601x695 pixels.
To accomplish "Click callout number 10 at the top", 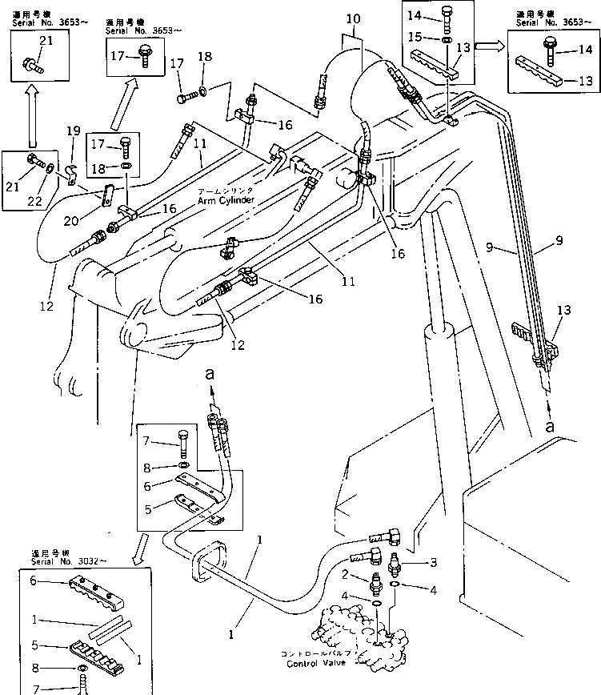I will click(354, 19).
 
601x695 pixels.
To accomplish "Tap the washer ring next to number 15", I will click(446, 38).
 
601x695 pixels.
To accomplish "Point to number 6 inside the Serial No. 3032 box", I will click(33, 581).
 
